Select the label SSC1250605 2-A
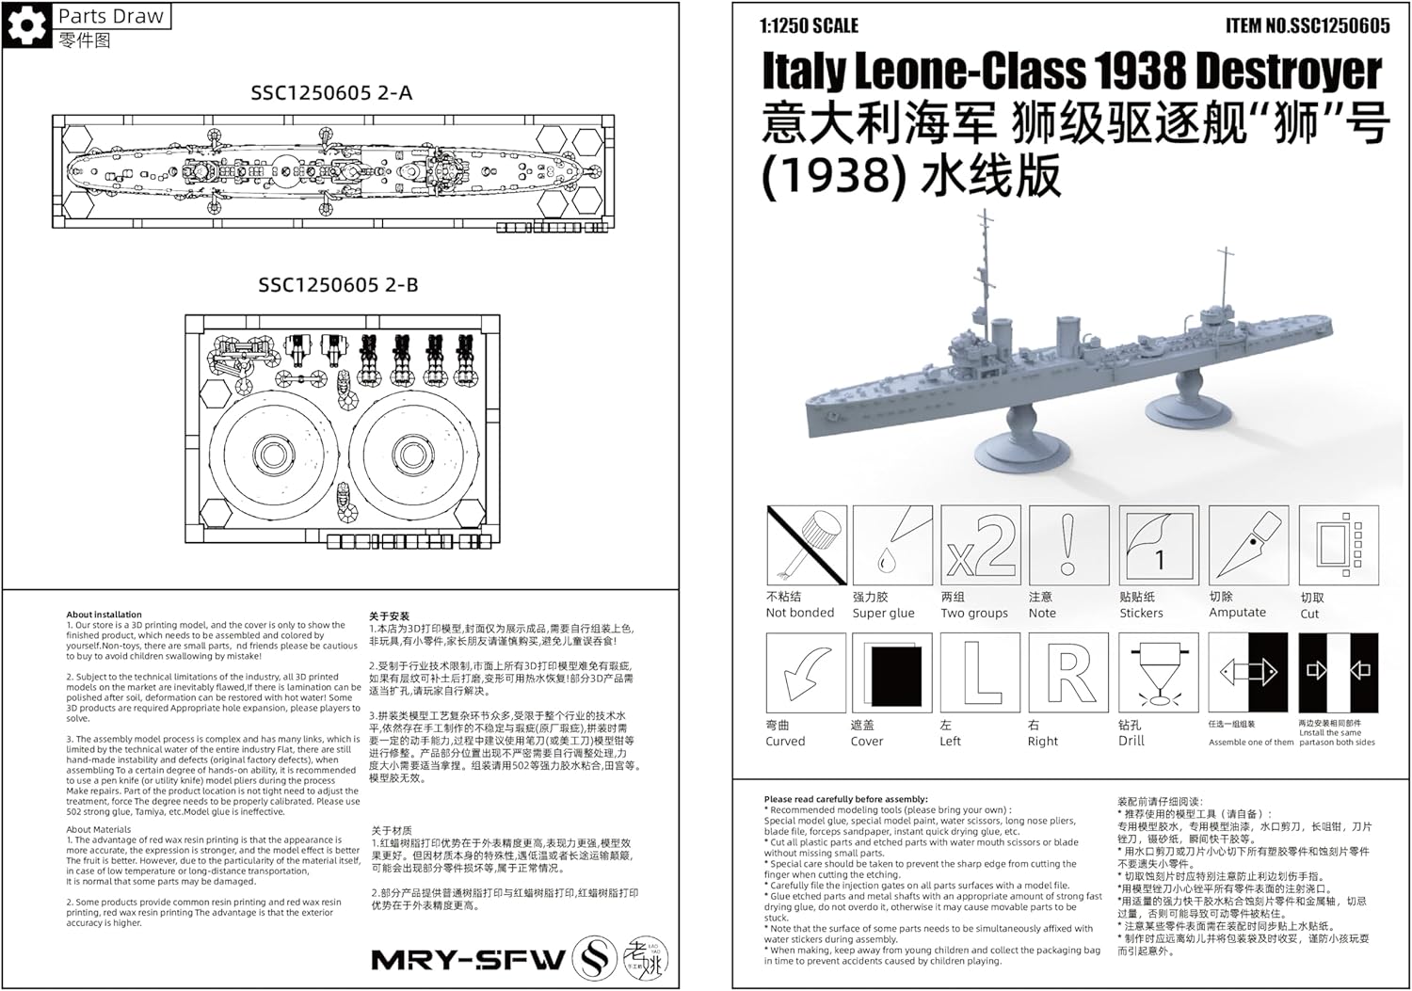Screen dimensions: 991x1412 [331, 93]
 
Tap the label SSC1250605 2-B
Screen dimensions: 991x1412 [338, 285]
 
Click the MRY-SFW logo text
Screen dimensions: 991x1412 [468, 960]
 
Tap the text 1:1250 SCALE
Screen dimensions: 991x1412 [810, 26]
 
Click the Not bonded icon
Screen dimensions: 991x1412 [807, 546]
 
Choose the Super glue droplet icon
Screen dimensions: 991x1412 [891, 546]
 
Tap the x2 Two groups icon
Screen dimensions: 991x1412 [980, 546]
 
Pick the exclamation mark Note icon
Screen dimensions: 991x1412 [1067, 546]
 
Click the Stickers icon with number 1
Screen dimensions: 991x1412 [1158, 546]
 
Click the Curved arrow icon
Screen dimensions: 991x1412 [806, 673]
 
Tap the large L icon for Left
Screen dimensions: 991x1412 [980, 673]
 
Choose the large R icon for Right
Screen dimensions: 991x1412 [1068, 673]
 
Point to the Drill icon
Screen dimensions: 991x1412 [1158, 673]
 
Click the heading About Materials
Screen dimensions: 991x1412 [99, 830]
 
